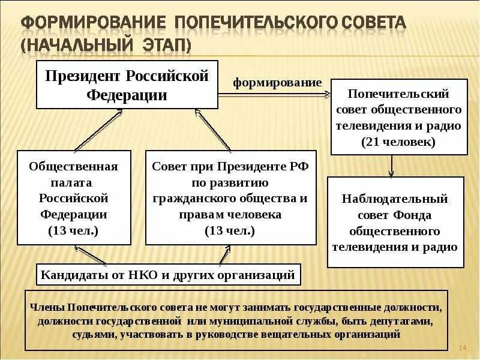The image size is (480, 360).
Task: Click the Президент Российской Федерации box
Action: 127,85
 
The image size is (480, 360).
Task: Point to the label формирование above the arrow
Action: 277,83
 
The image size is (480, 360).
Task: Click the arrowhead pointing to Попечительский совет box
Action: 326,94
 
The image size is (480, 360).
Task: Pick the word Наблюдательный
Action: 395,199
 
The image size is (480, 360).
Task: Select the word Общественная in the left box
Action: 74,166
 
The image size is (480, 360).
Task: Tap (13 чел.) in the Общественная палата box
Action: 74,230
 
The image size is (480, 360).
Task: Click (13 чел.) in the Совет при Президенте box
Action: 230,230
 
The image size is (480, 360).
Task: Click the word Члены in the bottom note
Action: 46,307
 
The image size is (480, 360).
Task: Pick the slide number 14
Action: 462,348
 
